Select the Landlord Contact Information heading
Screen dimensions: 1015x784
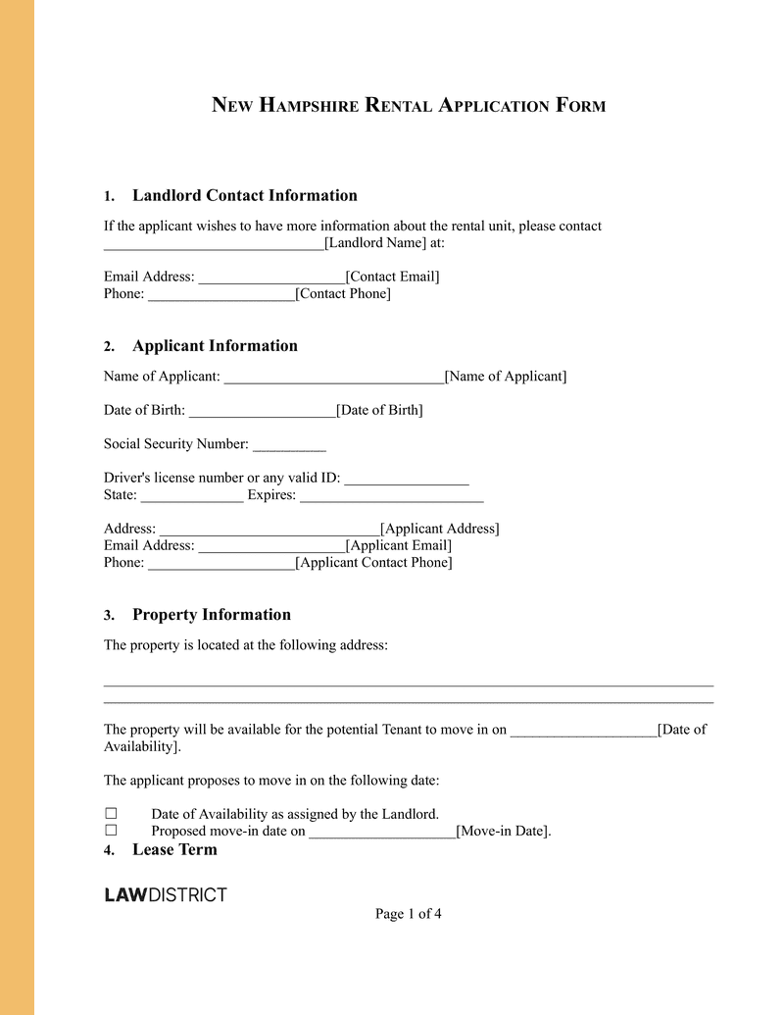point(244,195)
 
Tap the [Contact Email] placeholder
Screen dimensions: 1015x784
point(392,277)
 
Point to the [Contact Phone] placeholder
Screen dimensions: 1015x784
point(342,293)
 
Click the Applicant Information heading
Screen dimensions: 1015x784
point(215,345)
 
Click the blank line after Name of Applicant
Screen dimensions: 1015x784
point(333,377)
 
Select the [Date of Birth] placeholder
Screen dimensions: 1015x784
point(379,410)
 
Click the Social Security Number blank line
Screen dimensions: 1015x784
point(289,444)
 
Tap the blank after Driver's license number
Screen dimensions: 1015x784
point(407,479)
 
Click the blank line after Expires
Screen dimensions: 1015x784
point(391,495)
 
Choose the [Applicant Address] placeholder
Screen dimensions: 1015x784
point(439,529)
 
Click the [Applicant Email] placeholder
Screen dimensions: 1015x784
point(398,545)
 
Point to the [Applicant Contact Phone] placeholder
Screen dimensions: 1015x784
point(373,562)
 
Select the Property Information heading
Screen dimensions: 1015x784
point(211,615)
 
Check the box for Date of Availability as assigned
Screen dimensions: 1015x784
point(111,814)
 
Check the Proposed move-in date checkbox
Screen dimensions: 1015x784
point(111,831)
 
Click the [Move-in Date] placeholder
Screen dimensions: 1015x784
point(504,832)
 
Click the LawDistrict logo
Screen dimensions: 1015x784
point(166,894)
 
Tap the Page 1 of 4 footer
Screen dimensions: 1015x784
point(408,914)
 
